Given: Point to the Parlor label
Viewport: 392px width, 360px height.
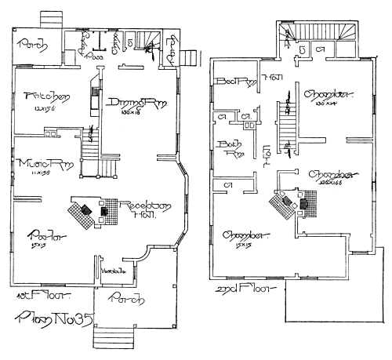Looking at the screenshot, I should point(38,233).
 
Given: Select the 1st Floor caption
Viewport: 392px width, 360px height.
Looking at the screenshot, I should point(43,299).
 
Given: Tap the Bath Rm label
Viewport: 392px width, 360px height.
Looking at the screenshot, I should point(234,148).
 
